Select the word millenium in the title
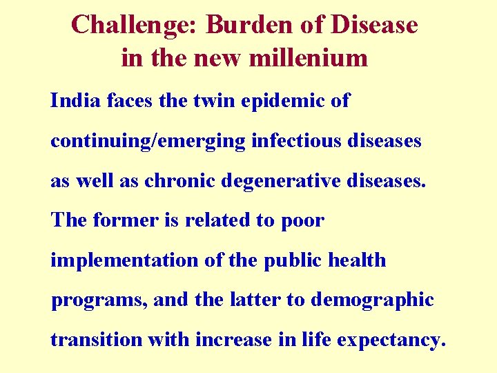click(x=315, y=57)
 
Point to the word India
click(x=70, y=101)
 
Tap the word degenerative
click(x=271, y=181)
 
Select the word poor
click(x=302, y=221)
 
